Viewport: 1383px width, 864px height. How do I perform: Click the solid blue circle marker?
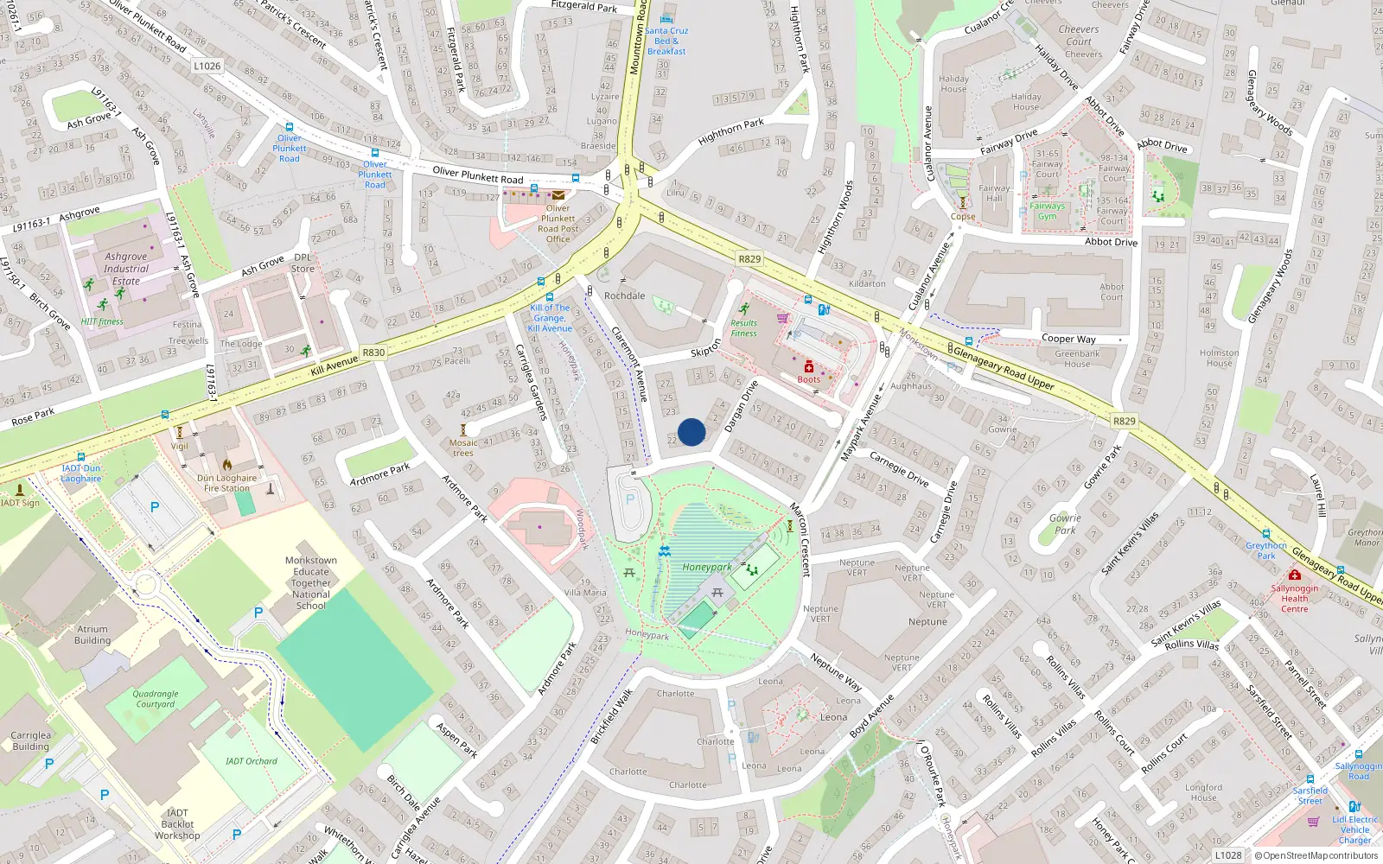click(691, 432)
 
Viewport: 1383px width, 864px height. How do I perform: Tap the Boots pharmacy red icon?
click(809, 367)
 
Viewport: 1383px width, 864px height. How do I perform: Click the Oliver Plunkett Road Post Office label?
click(558, 224)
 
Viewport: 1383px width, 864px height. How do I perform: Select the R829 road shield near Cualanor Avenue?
click(749, 259)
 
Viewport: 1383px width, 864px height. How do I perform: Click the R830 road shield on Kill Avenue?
click(373, 353)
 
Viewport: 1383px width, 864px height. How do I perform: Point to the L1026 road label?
click(207, 66)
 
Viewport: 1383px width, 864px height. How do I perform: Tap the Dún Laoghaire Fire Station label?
click(226, 483)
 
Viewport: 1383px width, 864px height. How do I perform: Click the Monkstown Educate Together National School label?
click(311, 583)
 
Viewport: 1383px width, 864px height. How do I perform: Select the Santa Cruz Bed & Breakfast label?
click(666, 41)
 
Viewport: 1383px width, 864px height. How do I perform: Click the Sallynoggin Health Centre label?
click(1294, 598)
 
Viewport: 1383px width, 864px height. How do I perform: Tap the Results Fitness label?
click(743, 328)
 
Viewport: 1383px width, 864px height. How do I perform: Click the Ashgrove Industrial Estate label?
click(126, 269)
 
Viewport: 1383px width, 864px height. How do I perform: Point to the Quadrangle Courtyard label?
click(156, 699)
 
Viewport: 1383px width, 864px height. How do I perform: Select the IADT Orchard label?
click(252, 761)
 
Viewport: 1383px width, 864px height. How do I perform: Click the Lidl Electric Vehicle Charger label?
click(1354, 829)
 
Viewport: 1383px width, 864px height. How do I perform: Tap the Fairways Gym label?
click(1047, 211)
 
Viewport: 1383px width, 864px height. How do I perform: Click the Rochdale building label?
click(624, 295)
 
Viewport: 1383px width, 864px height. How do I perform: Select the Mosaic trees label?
click(463, 448)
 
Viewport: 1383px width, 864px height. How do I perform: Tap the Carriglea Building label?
click(31, 740)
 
